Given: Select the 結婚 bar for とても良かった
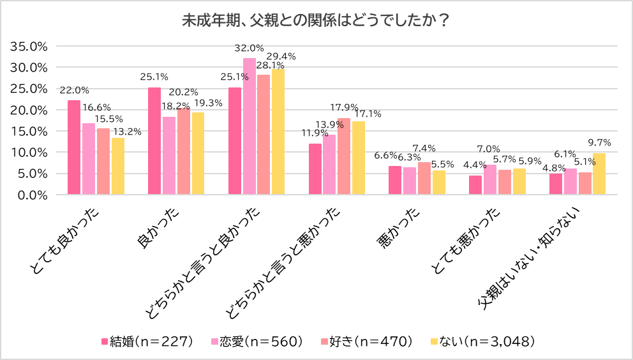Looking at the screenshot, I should (x=74, y=147).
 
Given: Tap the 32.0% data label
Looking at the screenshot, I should (x=249, y=48).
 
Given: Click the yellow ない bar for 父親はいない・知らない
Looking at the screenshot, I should (x=599, y=174).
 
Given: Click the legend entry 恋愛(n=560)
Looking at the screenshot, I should (x=256, y=341).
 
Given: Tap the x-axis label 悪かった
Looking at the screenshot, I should (x=399, y=227).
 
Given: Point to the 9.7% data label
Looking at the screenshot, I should (x=600, y=142).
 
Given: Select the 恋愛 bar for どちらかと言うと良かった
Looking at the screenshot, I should (x=249, y=126).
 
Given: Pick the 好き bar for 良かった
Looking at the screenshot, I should (x=184, y=151).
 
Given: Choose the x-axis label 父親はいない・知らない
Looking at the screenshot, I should (x=536, y=259).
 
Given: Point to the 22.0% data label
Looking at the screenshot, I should (x=74, y=90).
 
